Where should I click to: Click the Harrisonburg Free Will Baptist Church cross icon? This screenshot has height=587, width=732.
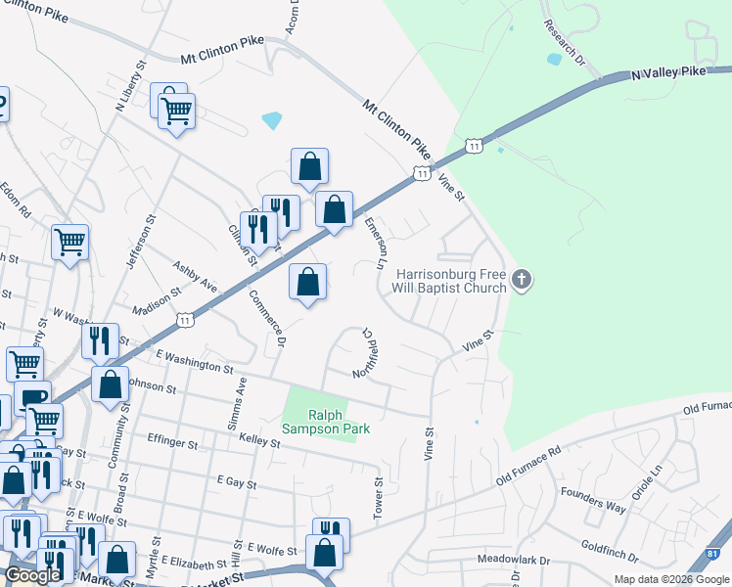(x=522, y=281)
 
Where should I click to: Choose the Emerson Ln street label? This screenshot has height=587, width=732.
(x=374, y=243)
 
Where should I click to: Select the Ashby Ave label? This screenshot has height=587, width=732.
(x=195, y=276)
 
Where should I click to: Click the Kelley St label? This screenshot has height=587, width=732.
(x=260, y=443)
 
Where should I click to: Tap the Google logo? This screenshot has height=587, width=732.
(x=33, y=575)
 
